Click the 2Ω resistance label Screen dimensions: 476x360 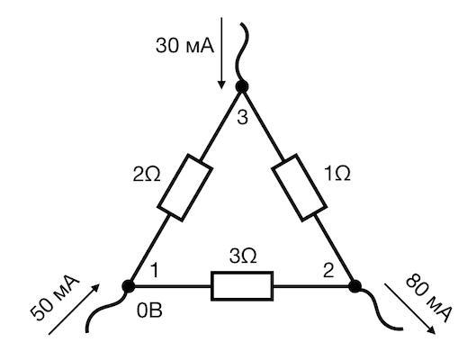click(x=147, y=175)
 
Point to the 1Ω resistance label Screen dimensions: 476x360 click(x=337, y=174)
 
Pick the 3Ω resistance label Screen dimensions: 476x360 click(x=243, y=256)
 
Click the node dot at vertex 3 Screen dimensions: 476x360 click(x=242, y=86)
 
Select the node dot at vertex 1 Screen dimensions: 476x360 click(x=129, y=286)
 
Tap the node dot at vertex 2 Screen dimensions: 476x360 click(x=355, y=286)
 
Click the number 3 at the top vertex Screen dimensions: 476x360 click(x=242, y=118)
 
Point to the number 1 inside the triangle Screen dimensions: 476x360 click(x=155, y=270)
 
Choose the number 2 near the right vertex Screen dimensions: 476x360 click(x=328, y=271)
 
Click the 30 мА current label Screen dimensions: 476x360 click(x=184, y=46)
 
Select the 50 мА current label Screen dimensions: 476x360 click(x=55, y=298)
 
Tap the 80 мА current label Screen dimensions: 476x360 click(x=428, y=298)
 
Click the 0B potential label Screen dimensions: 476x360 click(x=149, y=310)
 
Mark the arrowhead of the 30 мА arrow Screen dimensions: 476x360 click(x=221, y=85)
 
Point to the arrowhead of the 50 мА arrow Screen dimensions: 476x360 click(x=95, y=288)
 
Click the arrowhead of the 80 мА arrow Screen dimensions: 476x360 click(x=431, y=330)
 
